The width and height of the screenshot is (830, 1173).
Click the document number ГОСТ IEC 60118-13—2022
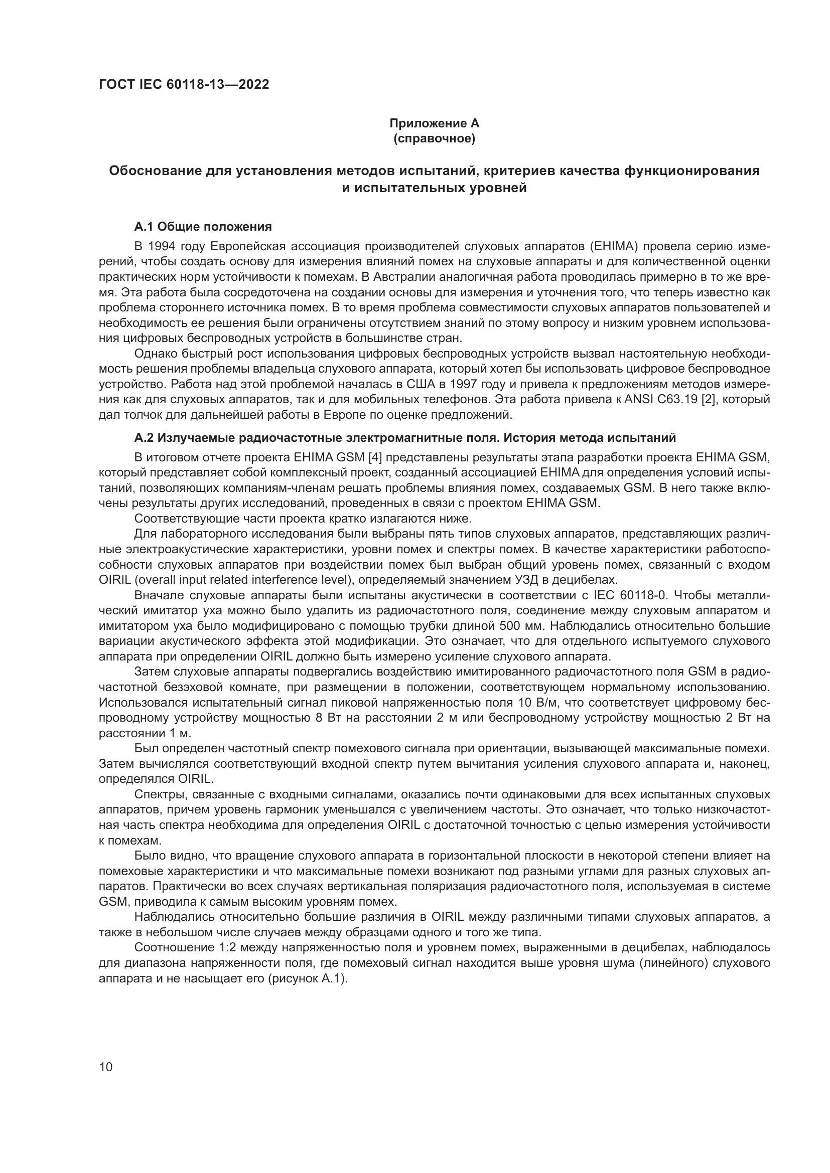[184, 84]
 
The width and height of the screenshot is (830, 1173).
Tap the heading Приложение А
[434, 123]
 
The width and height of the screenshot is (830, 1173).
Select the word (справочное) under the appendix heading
[434, 139]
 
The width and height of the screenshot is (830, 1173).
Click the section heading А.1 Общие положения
[203, 226]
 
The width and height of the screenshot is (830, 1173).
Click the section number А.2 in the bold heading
[144, 438]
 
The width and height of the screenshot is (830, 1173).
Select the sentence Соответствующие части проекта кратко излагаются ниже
[302, 518]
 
